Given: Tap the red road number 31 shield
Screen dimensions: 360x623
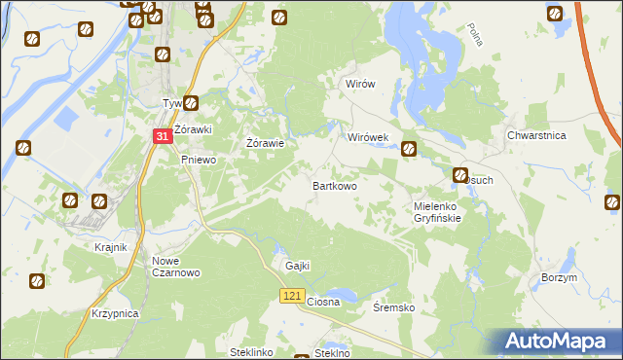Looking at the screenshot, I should pos(164,139).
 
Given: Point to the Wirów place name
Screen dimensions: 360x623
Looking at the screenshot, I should pos(360,85).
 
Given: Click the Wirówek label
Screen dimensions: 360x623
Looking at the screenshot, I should pos(369,138).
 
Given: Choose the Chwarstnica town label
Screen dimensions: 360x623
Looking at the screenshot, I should pos(536,136).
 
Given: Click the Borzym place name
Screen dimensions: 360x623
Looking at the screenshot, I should pos(558,277).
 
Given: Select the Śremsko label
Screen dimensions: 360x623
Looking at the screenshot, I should pos(394,307).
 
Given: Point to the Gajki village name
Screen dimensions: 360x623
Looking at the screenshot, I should pos(296,266).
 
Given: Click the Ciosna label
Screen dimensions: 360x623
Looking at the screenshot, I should pos(323,303).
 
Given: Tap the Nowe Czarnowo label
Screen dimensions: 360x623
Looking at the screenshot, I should pos(176,267).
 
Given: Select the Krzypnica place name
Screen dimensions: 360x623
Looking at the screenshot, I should pos(115,314).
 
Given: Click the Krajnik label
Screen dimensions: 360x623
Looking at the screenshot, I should pos(111,247).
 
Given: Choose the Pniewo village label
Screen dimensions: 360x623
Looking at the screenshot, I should pos(198,161).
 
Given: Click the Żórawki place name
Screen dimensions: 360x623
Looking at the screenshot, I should pos(193,129).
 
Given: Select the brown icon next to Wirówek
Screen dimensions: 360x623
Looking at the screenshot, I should pos(409,149).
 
